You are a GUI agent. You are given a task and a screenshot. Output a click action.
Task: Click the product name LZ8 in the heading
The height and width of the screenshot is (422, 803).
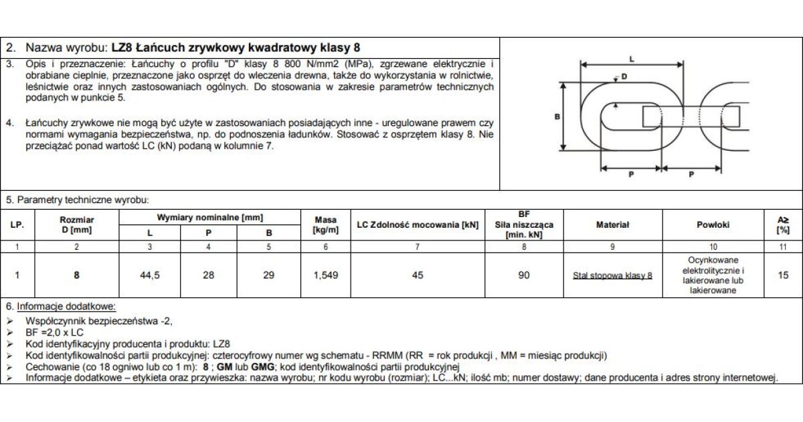[122, 48]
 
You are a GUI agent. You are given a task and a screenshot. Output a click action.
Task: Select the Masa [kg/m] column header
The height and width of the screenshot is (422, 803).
[325, 225]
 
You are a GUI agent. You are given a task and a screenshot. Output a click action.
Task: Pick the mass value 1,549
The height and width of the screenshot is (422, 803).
[325, 275]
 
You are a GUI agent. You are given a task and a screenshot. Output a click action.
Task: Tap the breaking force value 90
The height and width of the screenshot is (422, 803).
[524, 275]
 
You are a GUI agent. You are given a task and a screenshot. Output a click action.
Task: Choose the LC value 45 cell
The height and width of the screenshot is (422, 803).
[418, 275]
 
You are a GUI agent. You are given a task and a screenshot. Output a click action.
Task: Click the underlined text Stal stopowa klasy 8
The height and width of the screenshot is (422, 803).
[612, 275]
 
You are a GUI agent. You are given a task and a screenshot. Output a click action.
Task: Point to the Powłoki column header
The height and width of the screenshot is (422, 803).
[713, 225]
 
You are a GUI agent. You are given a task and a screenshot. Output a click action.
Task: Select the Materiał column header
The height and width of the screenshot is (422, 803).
[612, 225]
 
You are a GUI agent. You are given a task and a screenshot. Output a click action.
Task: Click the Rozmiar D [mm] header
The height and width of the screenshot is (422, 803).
[77, 225]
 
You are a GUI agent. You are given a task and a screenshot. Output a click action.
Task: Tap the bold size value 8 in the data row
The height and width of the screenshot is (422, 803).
[77, 275]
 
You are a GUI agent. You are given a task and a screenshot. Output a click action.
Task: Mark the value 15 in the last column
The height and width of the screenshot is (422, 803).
[783, 275]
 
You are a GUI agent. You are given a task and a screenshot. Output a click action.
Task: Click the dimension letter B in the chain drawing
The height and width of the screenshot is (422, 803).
[557, 117]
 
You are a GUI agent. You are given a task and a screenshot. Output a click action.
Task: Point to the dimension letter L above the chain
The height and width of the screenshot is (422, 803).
[632, 60]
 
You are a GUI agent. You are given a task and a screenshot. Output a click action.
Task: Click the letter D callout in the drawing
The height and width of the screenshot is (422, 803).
[624, 76]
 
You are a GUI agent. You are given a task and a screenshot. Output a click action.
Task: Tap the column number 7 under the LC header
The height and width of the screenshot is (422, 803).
[418, 247]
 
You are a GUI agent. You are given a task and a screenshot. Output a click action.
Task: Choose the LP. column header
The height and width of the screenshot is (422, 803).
[17, 225]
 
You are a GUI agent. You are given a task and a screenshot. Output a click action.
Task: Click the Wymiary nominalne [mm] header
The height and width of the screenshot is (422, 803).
[209, 218]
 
